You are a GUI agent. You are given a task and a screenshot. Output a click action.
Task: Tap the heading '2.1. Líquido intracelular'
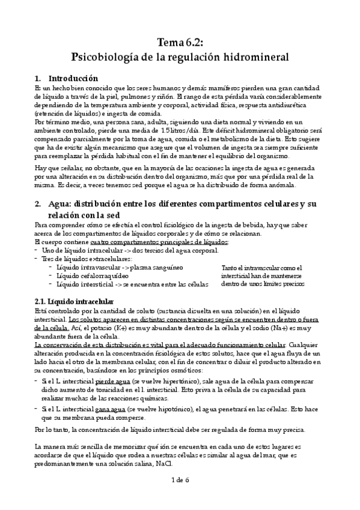[x=75, y=300]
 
